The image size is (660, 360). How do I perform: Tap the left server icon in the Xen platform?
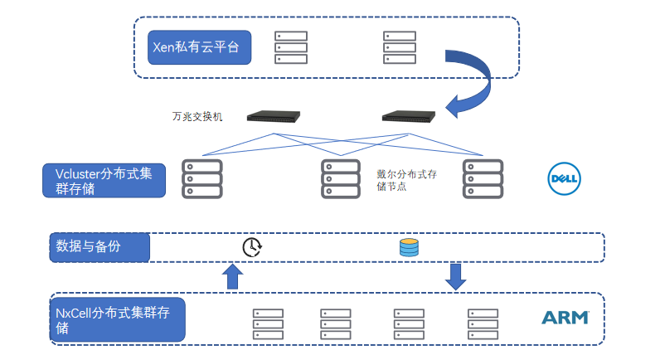[x=290, y=47]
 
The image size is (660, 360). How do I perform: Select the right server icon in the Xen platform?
[x=399, y=47]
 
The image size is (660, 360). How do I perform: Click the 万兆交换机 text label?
[x=197, y=116]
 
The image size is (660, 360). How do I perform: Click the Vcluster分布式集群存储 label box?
[x=104, y=180]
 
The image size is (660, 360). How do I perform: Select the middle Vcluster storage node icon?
[x=341, y=178]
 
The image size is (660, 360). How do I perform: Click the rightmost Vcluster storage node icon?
[x=483, y=178]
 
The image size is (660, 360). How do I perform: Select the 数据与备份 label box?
[x=99, y=247]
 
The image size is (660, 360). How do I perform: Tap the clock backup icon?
[x=252, y=247]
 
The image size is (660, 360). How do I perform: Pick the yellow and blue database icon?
[x=409, y=247]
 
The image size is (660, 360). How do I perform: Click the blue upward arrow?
[x=233, y=277]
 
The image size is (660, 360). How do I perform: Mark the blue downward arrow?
[x=455, y=277]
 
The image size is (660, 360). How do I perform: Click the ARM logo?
[x=565, y=318]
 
